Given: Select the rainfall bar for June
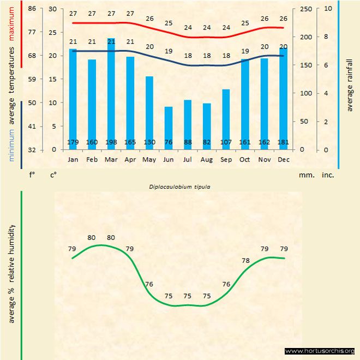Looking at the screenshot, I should tap(169, 128).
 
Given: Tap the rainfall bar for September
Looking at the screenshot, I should tap(226, 119).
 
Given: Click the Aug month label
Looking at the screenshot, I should tap(207, 160).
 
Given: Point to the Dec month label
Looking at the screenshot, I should tap(283, 160).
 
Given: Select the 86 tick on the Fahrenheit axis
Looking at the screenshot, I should tap(32, 9).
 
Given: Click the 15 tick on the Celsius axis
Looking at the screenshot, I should tap(52, 79).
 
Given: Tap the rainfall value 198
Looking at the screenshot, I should tap(111, 143).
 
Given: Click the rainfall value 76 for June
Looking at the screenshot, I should tap(169, 143).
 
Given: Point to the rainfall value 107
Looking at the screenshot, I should tap(226, 143).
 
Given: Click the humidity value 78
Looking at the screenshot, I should tap(245, 261).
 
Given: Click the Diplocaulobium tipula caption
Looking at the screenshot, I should tap(180, 187).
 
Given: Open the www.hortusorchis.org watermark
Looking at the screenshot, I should tap(320, 351).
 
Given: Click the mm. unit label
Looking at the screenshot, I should tap(305, 176).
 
